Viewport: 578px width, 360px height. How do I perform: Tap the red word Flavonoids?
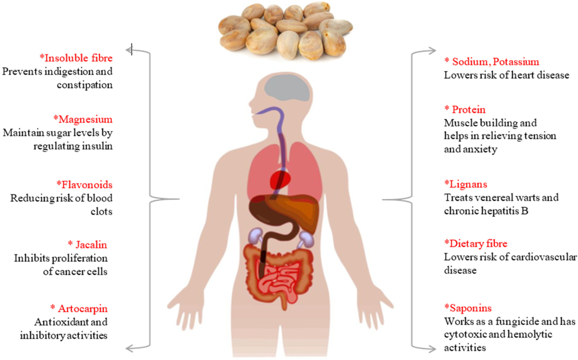click(x=84, y=184)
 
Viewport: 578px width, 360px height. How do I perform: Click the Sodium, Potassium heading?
click(x=491, y=62)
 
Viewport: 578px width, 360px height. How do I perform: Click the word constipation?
click(x=90, y=85)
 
